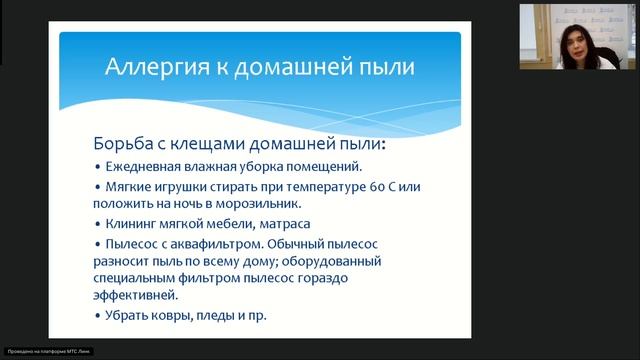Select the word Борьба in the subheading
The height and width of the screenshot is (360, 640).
(125, 144)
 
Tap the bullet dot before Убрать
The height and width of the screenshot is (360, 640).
(97, 316)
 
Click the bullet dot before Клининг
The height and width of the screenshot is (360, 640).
(97, 224)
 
